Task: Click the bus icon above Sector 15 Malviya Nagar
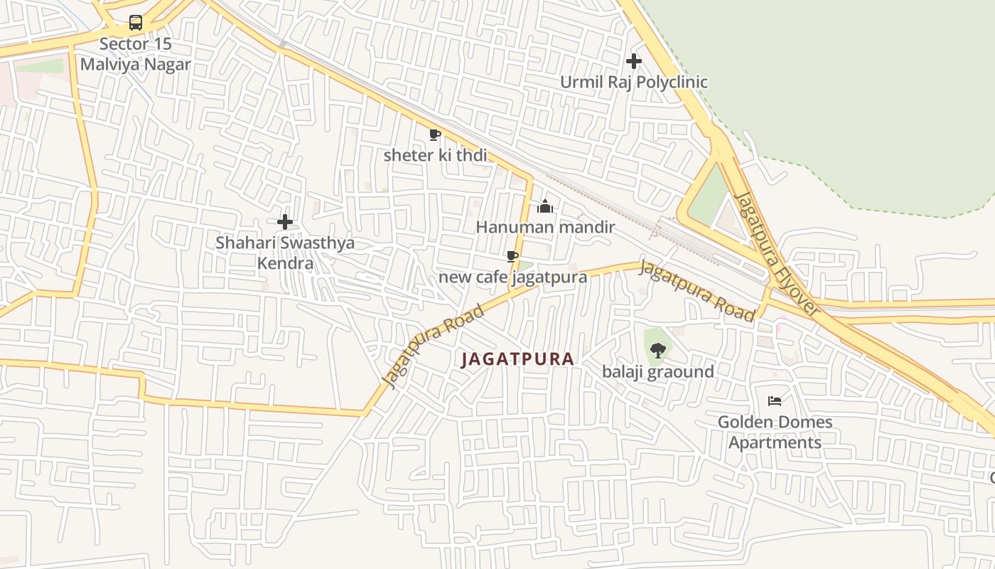[x=135, y=23]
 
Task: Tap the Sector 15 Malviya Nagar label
[x=135, y=54]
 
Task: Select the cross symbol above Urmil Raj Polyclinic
[x=633, y=61]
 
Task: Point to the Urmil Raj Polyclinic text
[x=633, y=82]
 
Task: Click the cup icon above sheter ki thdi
[x=435, y=134]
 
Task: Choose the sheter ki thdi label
[x=435, y=154]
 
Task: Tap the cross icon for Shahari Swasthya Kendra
[x=285, y=222]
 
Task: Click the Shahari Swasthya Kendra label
[x=285, y=252]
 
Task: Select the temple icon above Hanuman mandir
[x=545, y=206]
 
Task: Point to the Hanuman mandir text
[x=545, y=228]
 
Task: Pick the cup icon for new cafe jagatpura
[x=512, y=256]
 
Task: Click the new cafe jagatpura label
[x=512, y=277]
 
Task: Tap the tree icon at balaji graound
[x=658, y=350]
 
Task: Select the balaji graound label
[x=658, y=371]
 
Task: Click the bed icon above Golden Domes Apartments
[x=775, y=401]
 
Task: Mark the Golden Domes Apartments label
[x=775, y=432]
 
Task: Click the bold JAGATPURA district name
[x=517, y=359]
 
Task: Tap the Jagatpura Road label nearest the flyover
[x=696, y=291]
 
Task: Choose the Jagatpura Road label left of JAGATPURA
[x=433, y=346]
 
